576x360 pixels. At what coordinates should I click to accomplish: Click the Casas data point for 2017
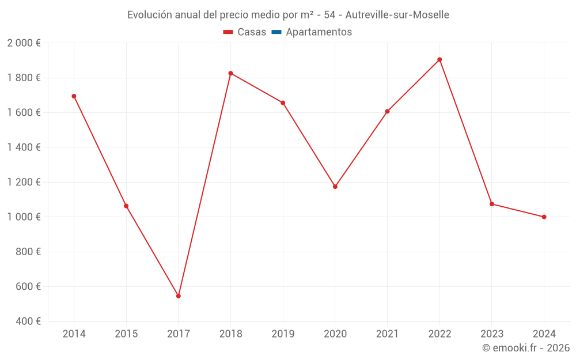pyautogui.click(x=179, y=296)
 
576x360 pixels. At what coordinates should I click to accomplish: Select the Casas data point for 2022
pyautogui.click(x=439, y=59)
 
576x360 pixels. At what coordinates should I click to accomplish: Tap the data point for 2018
pyautogui.click(x=230, y=73)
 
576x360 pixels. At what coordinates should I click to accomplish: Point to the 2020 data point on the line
pyautogui.click(x=335, y=187)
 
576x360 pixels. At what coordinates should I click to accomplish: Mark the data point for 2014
pyautogui.click(x=74, y=96)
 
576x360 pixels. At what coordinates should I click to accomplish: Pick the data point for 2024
pyautogui.click(x=544, y=217)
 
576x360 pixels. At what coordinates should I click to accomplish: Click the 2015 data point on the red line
pyautogui.click(x=126, y=206)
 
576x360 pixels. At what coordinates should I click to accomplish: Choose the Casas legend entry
pyautogui.click(x=245, y=32)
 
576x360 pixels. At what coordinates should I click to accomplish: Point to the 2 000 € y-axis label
pyautogui.click(x=24, y=43)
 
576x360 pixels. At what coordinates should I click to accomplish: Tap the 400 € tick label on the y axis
pyautogui.click(x=28, y=321)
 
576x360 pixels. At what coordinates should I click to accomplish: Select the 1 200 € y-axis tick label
pyautogui.click(x=24, y=182)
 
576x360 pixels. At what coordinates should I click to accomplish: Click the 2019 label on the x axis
pyautogui.click(x=283, y=334)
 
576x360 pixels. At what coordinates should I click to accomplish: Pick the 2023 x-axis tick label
pyautogui.click(x=492, y=334)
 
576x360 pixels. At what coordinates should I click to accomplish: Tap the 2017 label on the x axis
pyautogui.click(x=179, y=334)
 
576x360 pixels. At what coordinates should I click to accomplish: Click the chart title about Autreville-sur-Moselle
pyautogui.click(x=288, y=14)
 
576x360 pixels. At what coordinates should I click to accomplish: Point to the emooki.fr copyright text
pyautogui.click(x=526, y=348)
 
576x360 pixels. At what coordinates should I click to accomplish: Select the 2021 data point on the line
pyautogui.click(x=387, y=111)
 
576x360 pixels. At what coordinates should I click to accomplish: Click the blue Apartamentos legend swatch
pyautogui.click(x=276, y=32)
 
